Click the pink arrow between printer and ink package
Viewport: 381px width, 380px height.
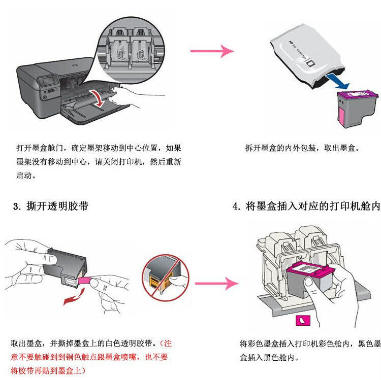[x=211, y=51]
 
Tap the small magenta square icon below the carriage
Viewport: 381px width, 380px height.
[x=302, y=321]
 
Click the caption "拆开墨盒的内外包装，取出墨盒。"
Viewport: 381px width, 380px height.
[x=302, y=149]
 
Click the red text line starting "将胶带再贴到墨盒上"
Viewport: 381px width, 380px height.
[x=48, y=370]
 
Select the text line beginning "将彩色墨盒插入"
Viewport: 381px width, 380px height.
[x=310, y=344]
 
